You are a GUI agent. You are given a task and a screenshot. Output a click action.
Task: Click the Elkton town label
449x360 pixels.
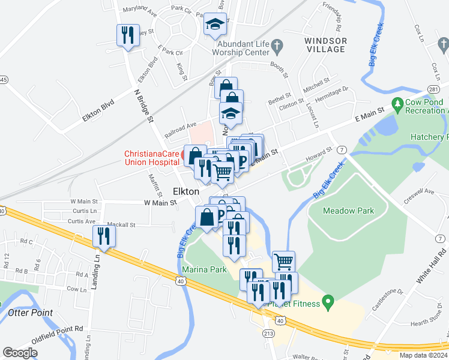point(185,190)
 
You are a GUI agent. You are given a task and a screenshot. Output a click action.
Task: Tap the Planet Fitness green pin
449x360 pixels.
point(328,301)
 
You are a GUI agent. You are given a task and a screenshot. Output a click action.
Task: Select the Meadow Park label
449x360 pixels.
point(348,211)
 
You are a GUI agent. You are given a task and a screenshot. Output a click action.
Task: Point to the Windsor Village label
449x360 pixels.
point(325,45)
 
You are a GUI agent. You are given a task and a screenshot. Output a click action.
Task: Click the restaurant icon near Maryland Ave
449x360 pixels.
point(128,35)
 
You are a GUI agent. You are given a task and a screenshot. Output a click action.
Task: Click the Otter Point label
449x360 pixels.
point(30,313)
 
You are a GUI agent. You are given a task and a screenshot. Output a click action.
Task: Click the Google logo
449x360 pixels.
point(20,353)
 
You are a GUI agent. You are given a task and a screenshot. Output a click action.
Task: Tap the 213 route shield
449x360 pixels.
point(265,333)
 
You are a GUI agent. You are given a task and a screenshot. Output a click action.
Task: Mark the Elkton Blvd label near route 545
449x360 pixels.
point(99,112)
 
